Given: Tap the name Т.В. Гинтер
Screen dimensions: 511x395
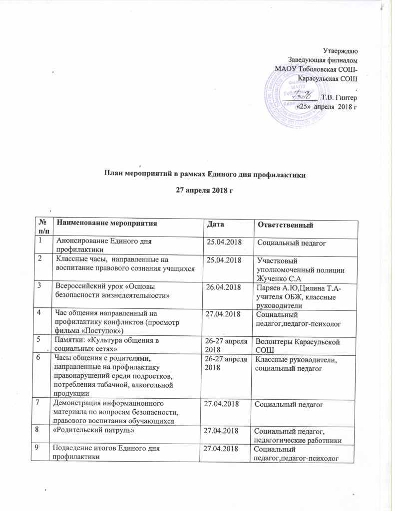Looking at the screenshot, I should click(x=339, y=97).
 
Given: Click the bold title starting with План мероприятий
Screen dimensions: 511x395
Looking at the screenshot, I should click(x=197, y=174).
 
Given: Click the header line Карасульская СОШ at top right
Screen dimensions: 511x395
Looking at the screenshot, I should click(x=327, y=79).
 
